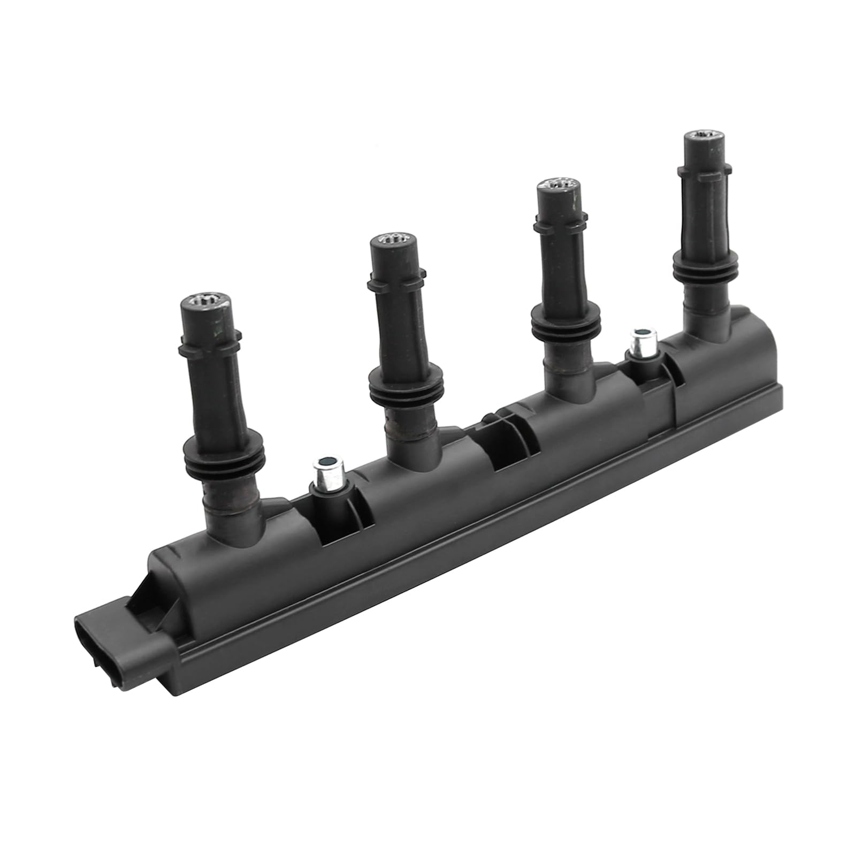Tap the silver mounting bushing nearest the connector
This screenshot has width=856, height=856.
pos(324,471)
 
